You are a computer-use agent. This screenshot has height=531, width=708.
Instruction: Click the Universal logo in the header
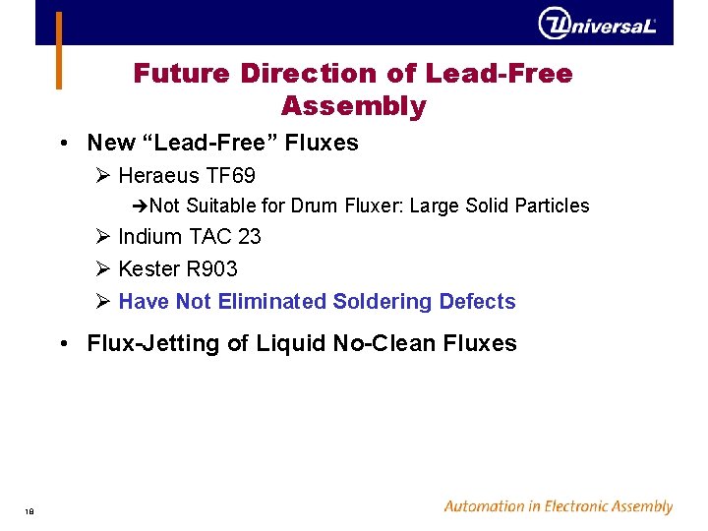pyautogui.click(x=597, y=24)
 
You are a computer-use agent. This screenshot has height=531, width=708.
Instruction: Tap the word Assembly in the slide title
pyautogui.click(x=353, y=106)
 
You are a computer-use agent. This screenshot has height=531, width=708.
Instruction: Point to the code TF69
pyautogui.click(x=231, y=176)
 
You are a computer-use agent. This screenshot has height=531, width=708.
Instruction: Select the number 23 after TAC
pyautogui.click(x=250, y=237)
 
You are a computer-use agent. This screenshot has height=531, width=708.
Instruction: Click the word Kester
pyautogui.click(x=147, y=269)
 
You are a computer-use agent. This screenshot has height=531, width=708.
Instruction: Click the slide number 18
pyautogui.click(x=30, y=510)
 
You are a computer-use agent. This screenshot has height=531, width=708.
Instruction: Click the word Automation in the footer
pyautogui.click(x=482, y=507)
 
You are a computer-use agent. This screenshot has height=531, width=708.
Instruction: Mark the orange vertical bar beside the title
pyautogui.click(x=58, y=50)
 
